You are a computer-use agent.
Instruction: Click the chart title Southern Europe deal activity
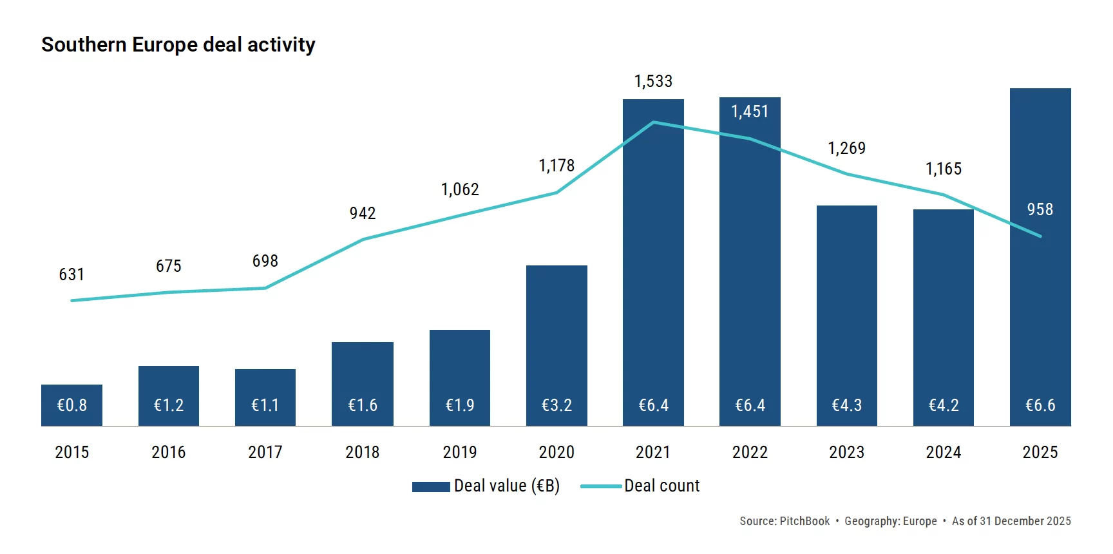pyautogui.click(x=178, y=44)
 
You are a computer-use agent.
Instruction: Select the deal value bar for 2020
pyautogui.click(x=556, y=335)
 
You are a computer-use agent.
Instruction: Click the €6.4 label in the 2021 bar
pyautogui.click(x=653, y=405)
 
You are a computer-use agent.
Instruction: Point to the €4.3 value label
pyautogui.click(x=846, y=405)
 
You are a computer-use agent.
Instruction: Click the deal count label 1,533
pyautogui.click(x=653, y=81)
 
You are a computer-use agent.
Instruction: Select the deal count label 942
pyautogui.click(x=363, y=213)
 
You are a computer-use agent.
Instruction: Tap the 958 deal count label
pyautogui.click(x=1040, y=209)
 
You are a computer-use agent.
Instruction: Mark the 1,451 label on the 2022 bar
pyautogui.click(x=750, y=111)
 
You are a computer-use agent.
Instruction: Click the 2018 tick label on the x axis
pyautogui.click(x=363, y=452)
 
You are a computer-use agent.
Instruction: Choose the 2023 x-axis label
pyautogui.click(x=846, y=452)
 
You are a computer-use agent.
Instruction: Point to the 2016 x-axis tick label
pyautogui.click(x=169, y=452)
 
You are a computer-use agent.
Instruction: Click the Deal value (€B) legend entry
pyautogui.click(x=486, y=486)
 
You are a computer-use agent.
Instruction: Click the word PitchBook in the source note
pyautogui.click(x=804, y=521)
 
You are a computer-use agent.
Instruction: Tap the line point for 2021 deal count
pyautogui.click(x=653, y=122)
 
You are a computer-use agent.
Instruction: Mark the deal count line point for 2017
pyautogui.click(x=265, y=288)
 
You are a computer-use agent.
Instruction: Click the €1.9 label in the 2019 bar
pyautogui.click(x=460, y=405)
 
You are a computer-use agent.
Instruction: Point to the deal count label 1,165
pyautogui.click(x=943, y=169)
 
